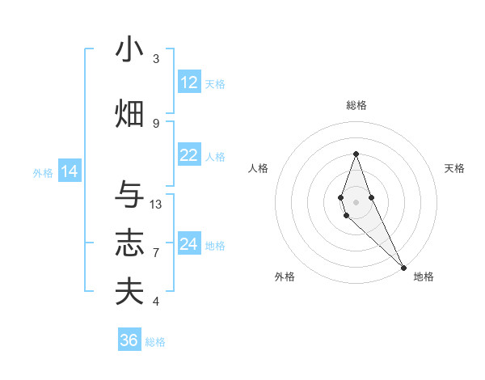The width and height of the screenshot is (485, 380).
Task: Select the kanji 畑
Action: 129,114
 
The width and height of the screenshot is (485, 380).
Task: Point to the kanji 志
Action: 129,243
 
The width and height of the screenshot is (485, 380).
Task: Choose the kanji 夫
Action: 129,291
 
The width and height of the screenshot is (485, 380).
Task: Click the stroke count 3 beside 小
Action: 156,58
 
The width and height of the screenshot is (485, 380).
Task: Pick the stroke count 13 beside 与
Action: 156,205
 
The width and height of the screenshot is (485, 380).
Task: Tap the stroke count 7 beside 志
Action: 156,253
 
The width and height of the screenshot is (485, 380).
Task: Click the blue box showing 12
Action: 189,82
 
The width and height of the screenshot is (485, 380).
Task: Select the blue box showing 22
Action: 189,156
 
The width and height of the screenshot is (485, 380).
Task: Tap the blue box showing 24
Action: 189,244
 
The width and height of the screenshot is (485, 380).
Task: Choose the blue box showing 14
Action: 70,171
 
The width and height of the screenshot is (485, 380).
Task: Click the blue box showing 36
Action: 129,340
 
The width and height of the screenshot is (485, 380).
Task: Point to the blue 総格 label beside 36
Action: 155,342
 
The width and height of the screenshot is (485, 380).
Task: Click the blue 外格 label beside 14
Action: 43,173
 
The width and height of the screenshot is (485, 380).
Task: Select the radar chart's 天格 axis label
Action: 455,168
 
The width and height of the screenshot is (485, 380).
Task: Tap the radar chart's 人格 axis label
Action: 258,168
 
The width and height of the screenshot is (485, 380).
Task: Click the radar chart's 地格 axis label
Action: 424,277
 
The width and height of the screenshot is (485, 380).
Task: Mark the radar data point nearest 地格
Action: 404,267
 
